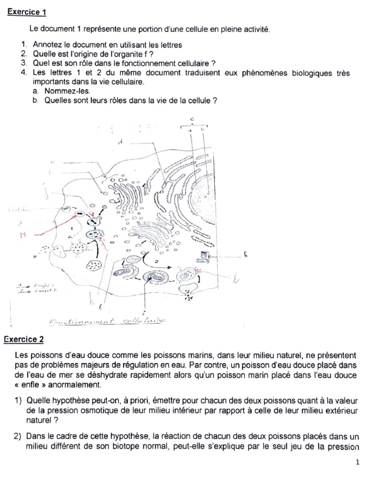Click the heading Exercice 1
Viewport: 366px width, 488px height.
click(x=27, y=12)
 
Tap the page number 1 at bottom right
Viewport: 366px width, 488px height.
click(x=357, y=462)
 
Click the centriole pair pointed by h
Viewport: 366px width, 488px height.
click(x=204, y=256)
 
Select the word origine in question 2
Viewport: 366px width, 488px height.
click(x=89, y=54)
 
